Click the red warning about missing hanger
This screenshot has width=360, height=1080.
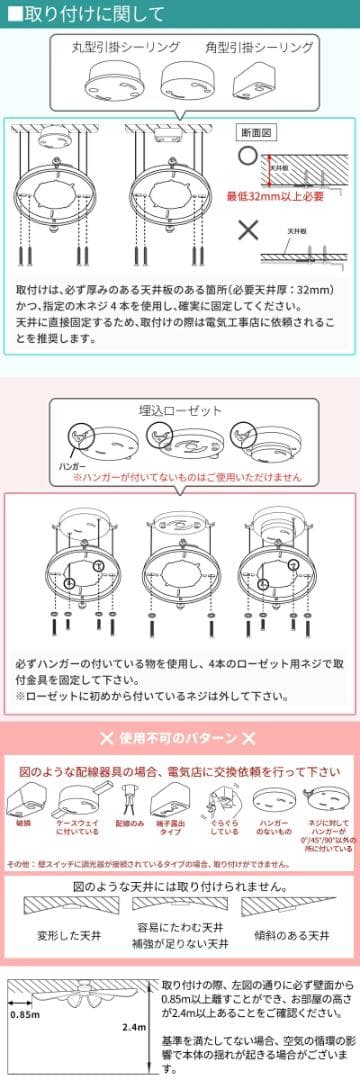(x=186, y=478)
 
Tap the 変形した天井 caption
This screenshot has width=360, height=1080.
(x=72, y=935)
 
